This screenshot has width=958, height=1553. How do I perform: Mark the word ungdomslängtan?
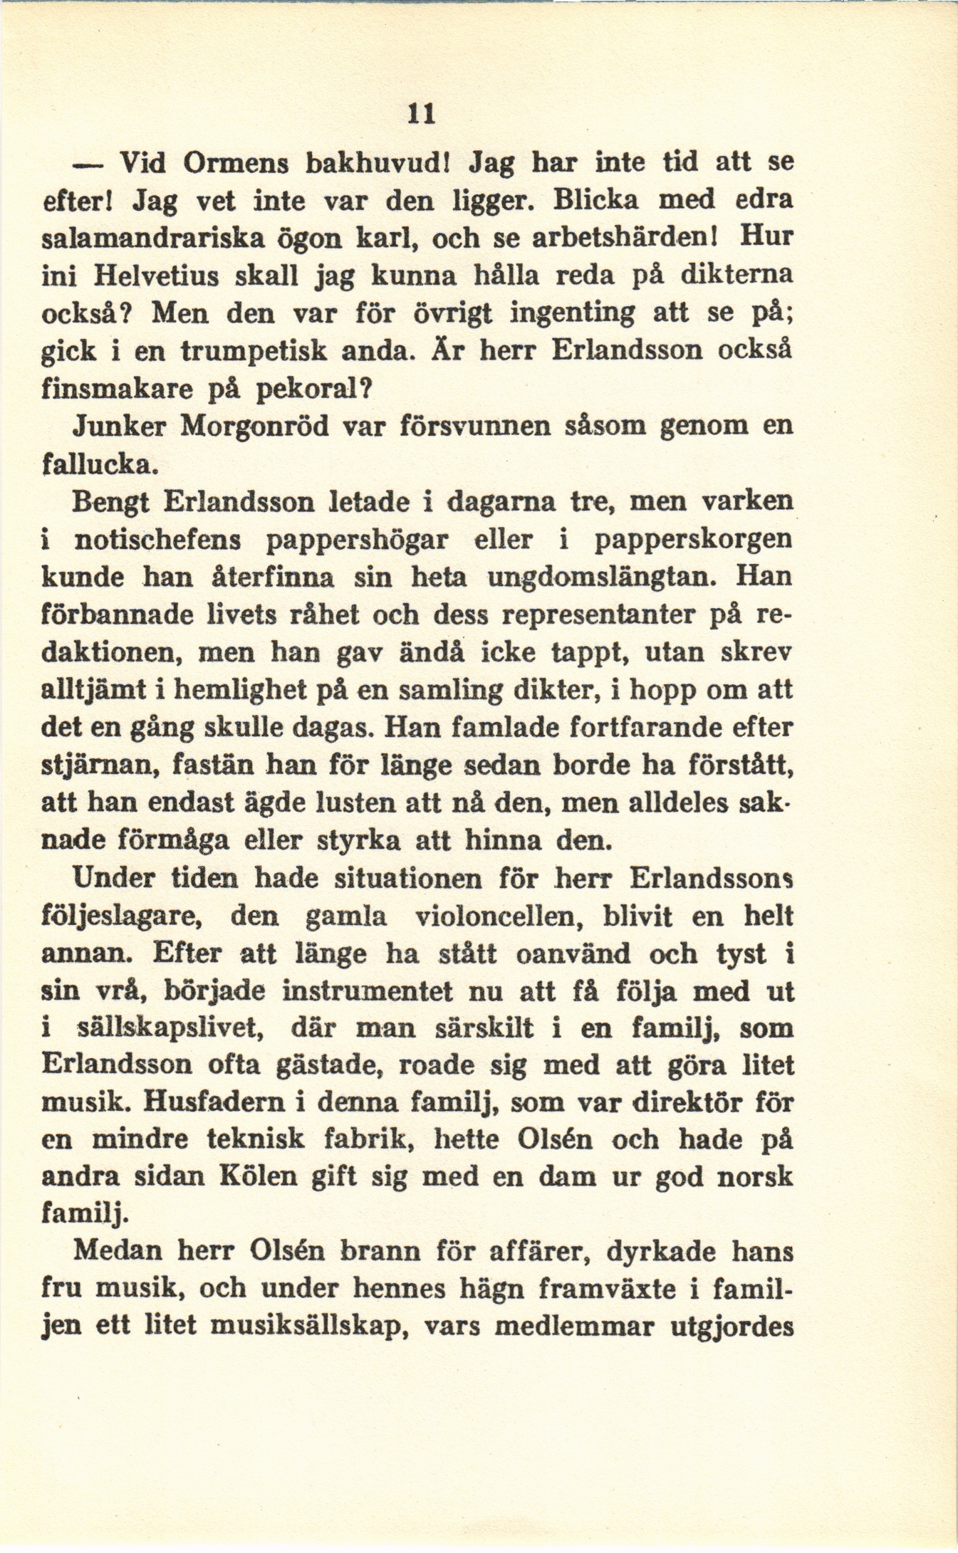[599, 577]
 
